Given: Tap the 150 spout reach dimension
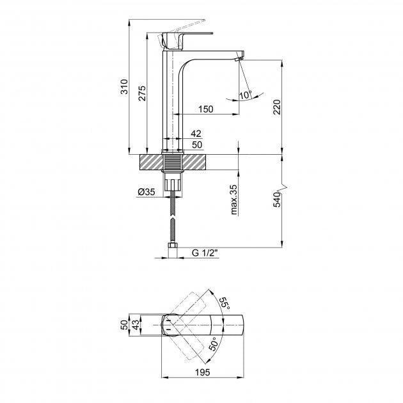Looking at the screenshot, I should point(205,109).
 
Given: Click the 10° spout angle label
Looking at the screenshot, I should point(246,94).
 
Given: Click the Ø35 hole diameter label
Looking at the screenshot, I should point(147,192).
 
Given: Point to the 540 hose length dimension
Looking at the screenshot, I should point(277,199).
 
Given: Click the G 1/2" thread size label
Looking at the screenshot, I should point(205,253).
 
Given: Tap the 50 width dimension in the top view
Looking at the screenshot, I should point(124,325).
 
